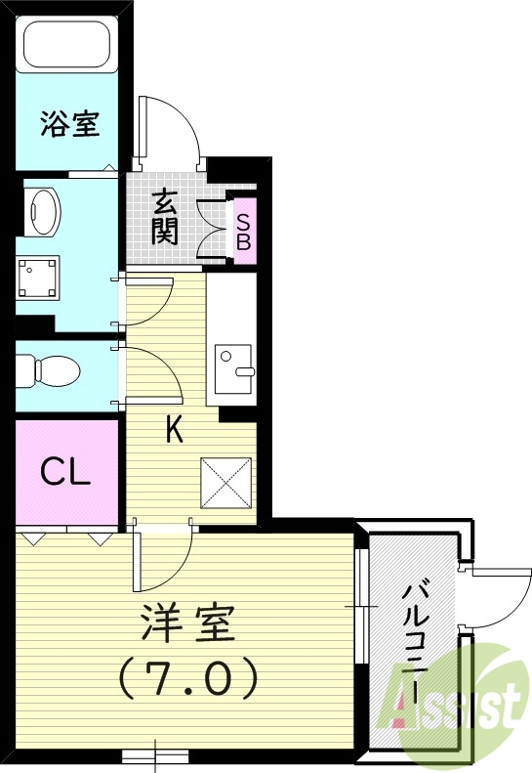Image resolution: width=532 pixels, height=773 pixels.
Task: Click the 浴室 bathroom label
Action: click(70, 123)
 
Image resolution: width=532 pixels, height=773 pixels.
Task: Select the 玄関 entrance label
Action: click(165, 218)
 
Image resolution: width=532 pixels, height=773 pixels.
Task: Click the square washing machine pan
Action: click(38, 278)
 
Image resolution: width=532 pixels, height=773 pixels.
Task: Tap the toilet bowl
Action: click(48, 371)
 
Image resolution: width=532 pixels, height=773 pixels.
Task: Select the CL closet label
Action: click(65, 473)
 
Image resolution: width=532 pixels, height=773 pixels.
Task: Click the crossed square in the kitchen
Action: click(225, 483)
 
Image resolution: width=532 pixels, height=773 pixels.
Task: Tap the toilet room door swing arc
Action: click(165, 364)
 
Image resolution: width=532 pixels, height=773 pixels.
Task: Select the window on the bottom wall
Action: click(155, 755)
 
